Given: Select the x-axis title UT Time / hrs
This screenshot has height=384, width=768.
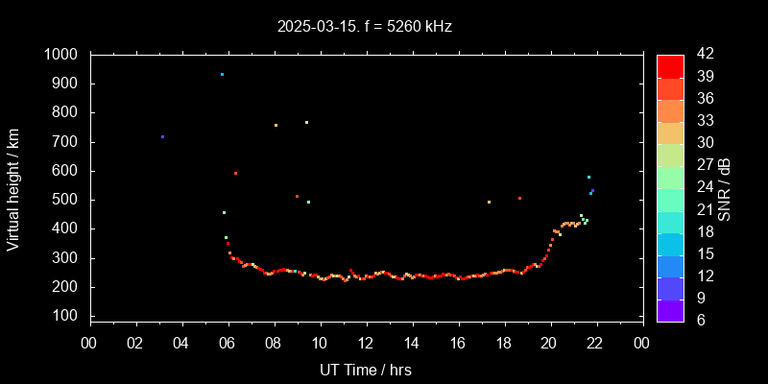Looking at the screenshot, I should point(366,370).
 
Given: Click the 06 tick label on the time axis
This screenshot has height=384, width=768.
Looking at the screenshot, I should point(228,343).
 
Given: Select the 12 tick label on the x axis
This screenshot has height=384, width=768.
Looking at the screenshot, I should point(366,343).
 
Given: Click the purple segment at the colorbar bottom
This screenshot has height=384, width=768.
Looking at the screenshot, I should point(670,310).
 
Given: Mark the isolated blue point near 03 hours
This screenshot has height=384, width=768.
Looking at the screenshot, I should point(162,136).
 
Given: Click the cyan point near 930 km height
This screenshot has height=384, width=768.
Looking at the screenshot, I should point(222,74).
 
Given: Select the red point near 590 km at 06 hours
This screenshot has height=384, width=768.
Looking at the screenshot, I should point(235,173).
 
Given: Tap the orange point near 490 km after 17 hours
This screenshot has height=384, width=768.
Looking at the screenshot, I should point(489,202).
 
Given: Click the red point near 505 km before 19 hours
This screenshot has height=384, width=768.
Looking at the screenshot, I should point(519,198).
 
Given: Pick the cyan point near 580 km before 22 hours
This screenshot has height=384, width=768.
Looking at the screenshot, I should point(588,177).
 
